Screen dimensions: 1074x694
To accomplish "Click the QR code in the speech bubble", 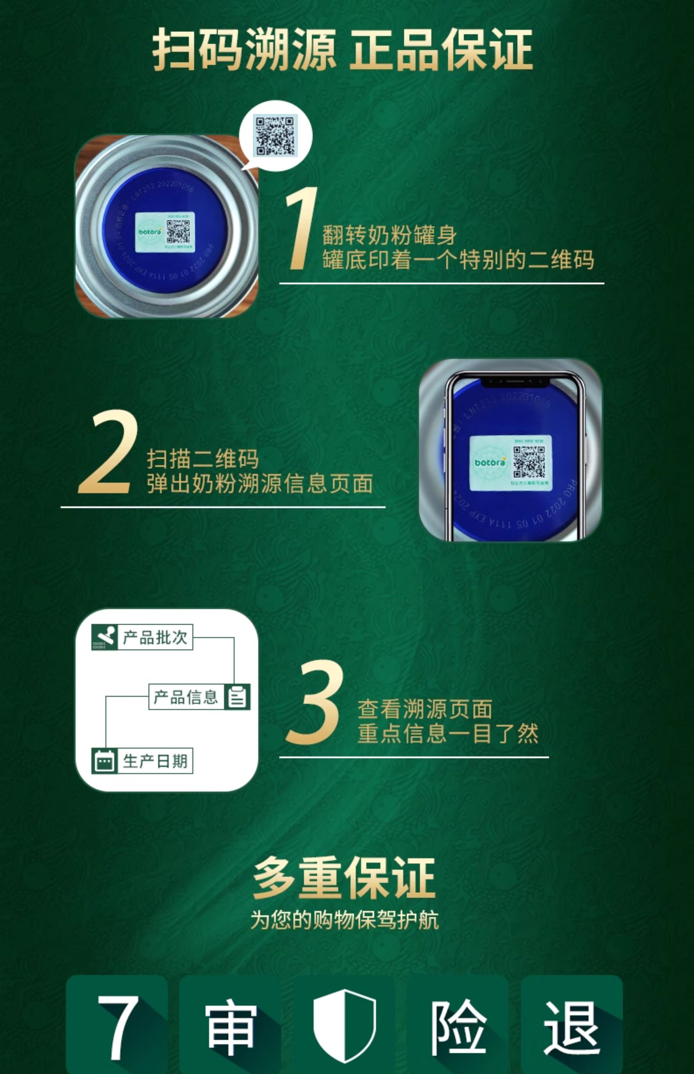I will click(275, 136).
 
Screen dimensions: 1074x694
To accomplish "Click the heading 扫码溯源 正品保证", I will click(343, 50).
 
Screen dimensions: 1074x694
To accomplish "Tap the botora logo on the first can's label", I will click(150, 232).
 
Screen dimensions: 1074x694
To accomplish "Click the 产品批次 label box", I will click(154, 637).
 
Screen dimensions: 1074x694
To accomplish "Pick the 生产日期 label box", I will click(154, 761).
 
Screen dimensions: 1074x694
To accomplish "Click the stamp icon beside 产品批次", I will click(104, 637).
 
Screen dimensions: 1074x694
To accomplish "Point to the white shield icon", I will click(344, 1026).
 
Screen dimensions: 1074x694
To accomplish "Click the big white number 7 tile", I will click(117, 1026).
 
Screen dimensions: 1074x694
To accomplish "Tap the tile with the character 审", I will click(230, 1026).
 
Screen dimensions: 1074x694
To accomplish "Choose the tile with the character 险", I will click(458, 1026).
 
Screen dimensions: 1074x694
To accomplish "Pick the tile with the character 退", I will click(571, 1026).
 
